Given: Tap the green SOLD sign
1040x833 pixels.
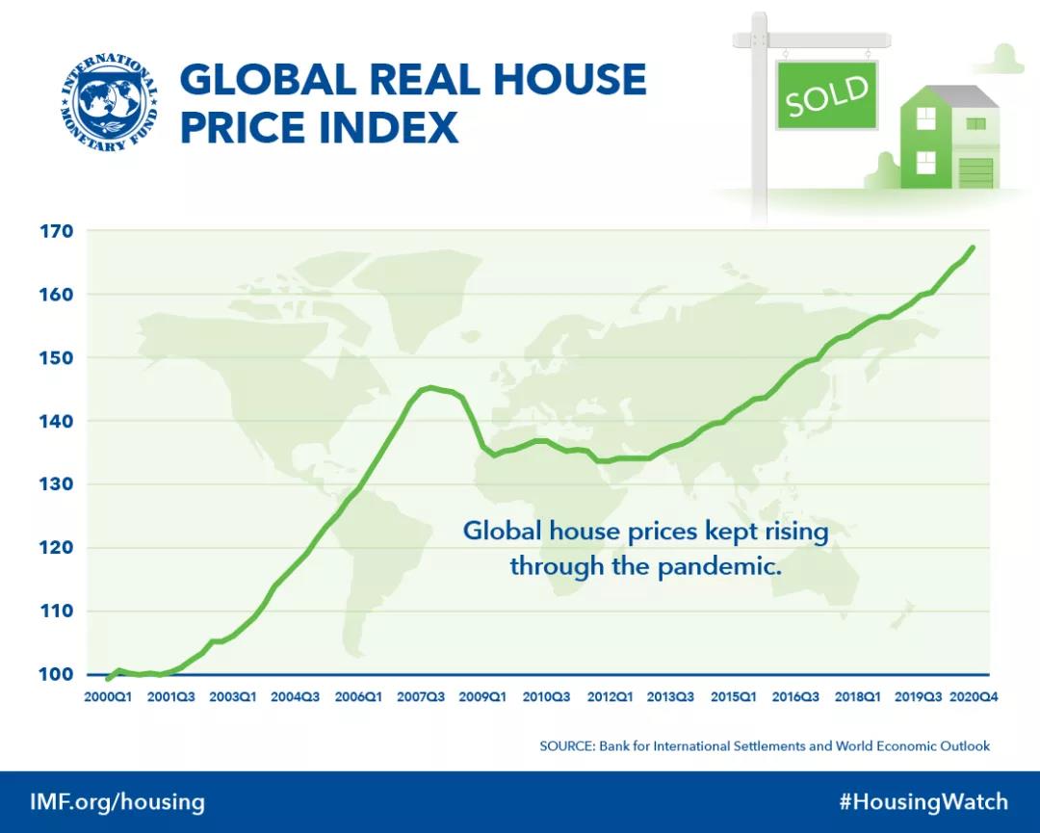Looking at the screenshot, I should (x=827, y=94).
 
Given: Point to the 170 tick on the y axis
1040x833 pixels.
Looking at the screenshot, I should (x=57, y=231).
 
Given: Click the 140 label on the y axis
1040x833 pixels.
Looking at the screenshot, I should (x=57, y=421).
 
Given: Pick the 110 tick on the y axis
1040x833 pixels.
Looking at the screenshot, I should (x=57, y=611).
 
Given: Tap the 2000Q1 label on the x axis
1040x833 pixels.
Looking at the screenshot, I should (x=107, y=696).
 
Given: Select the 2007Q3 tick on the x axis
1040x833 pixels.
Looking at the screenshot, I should (x=420, y=696).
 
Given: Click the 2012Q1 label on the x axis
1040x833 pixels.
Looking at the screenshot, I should (x=609, y=696).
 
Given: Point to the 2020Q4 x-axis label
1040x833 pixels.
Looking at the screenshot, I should (x=974, y=696).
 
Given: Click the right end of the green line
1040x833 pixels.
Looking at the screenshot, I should (x=973, y=247).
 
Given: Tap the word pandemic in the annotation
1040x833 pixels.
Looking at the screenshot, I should (x=717, y=566).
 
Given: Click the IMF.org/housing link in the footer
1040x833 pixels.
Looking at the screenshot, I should (x=117, y=802).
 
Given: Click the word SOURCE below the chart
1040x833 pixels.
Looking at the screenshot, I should (x=566, y=745).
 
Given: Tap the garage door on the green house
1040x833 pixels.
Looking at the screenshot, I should (x=975, y=172).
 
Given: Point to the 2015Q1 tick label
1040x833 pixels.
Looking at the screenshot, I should (x=733, y=696).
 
